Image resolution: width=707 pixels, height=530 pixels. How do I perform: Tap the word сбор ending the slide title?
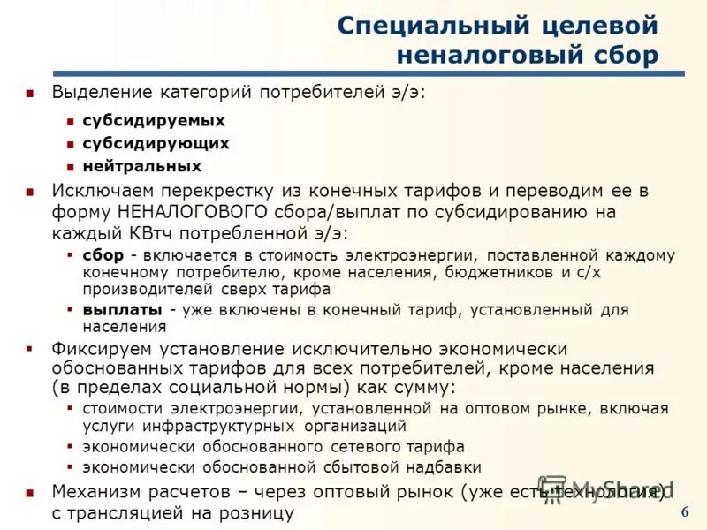(x=620, y=55)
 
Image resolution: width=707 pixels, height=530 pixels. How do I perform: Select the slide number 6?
(x=685, y=514)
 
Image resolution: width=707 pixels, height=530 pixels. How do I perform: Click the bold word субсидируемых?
(x=154, y=120)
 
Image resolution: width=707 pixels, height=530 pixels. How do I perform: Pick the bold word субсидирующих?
(x=156, y=143)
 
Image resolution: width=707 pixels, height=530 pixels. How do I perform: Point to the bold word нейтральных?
(x=142, y=166)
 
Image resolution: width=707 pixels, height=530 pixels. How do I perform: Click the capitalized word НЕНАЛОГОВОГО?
(x=192, y=212)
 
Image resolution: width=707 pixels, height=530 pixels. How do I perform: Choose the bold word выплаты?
(x=122, y=309)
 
